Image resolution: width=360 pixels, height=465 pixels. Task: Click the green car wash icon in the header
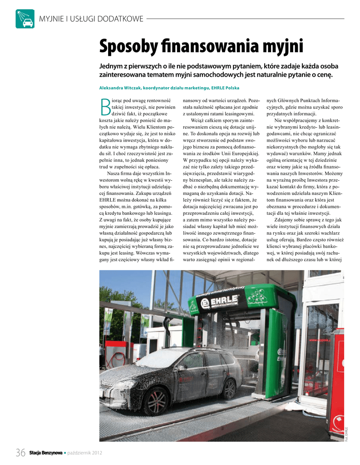[25, 19]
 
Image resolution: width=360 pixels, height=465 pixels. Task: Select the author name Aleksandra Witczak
[118, 87]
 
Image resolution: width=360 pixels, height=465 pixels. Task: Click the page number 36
[20, 452]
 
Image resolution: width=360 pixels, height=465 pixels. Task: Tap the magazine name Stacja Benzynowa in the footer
[46, 452]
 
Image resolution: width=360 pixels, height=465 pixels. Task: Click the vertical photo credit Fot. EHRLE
[346, 433]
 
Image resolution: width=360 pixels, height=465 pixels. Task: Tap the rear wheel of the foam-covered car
[229, 389]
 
